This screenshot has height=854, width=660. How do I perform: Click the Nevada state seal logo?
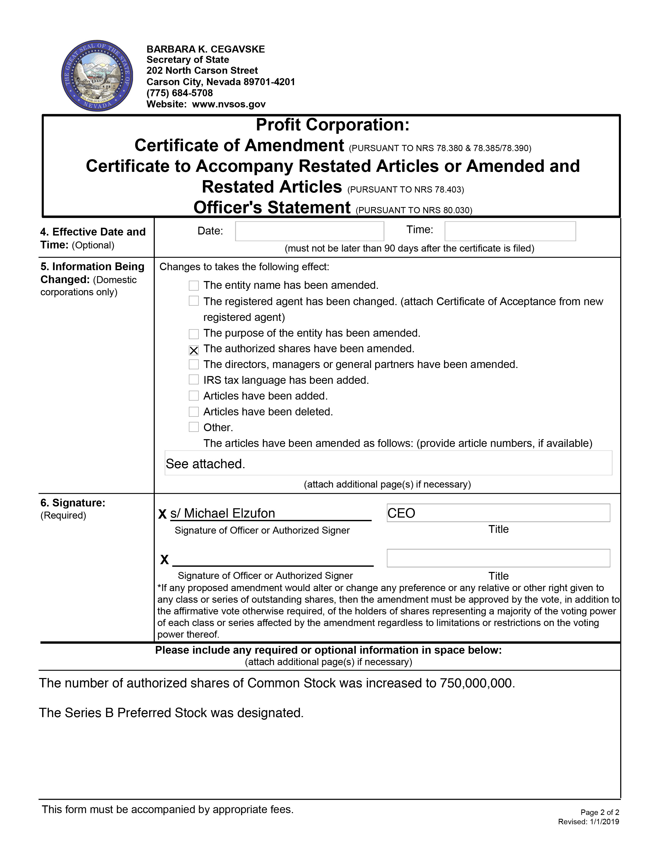(x=97, y=76)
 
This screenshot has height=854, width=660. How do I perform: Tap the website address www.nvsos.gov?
(x=229, y=104)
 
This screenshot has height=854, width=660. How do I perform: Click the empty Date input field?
(x=309, y=231)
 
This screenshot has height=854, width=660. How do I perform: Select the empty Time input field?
(x=510, y=231)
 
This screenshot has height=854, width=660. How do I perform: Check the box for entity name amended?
(x=194, y=285)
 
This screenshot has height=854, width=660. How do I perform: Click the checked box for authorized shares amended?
(x=194, y=350)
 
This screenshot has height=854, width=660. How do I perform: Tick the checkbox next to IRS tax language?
(x=194, y=380)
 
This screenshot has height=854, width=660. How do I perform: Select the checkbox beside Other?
(x=194, y=427)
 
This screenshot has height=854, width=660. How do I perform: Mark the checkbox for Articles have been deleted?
(x=194, y=411)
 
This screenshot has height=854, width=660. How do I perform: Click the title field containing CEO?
(x=498, y=513)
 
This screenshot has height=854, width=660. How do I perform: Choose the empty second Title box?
(x=498, y=558)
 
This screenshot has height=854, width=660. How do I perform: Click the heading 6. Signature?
(x=73, y=503)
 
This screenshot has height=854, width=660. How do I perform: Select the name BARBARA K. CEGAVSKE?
(x=206, y=49)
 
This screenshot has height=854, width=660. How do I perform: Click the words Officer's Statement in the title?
(x=272, y=207)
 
